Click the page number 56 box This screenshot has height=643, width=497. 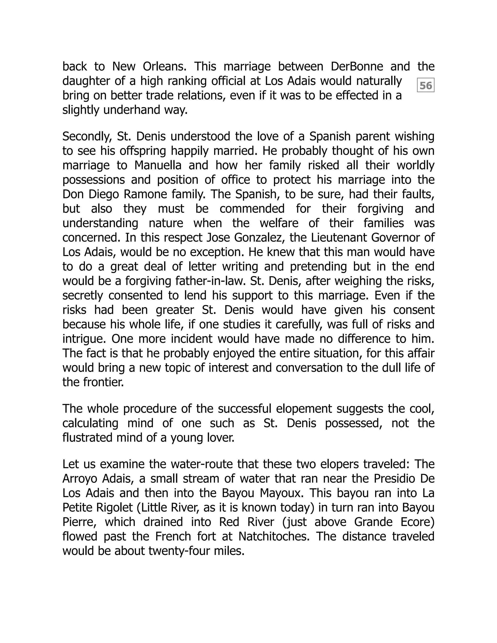click(x=425, y=85)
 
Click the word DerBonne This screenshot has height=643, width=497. click(x=357, y=66)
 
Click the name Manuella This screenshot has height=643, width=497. click(x=158, y=165)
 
